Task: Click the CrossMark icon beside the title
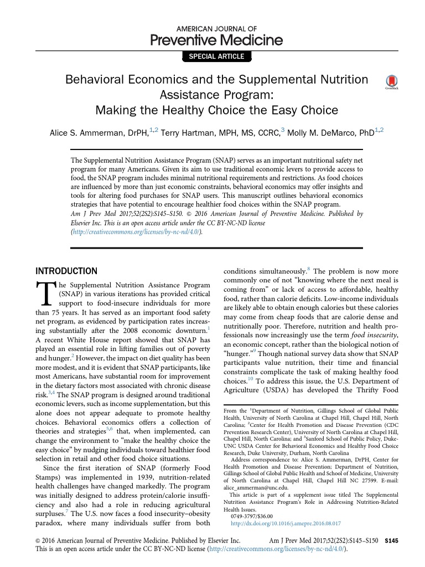(392, 82)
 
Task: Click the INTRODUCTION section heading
(66, 271)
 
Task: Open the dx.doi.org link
(285, 523)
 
